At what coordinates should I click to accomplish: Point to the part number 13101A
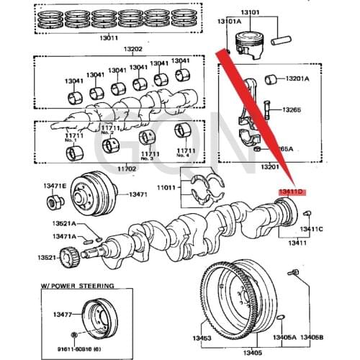click(230, 22)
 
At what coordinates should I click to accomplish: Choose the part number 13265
click(292, 110)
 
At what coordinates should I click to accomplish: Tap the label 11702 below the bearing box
click(127, 168)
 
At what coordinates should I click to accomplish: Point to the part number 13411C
click(311, 229)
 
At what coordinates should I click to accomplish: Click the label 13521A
click(63, 224)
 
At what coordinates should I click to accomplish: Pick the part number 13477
click(61, 315)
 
